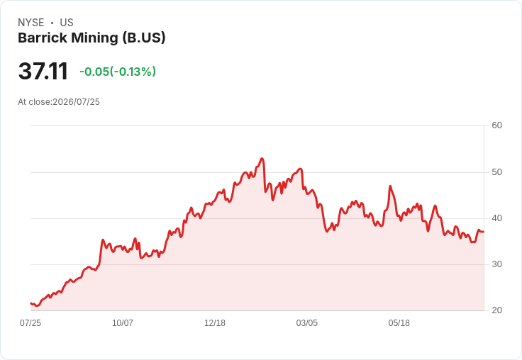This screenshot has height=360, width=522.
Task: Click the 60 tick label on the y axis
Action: [x=496, y=125]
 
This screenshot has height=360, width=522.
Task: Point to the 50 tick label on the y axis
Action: [x=496, y=172]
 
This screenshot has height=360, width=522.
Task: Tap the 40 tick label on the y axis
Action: [x=496, y=218]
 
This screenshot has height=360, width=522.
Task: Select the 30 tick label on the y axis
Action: [x=496, y=264]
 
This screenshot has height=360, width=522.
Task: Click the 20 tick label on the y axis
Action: [x=496, y=310]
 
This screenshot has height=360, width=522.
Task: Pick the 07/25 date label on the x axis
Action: [x=30, y=323]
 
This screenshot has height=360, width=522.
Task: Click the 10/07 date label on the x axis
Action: [x=123, y=323]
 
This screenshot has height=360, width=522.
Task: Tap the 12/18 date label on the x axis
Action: [x=215, y=323]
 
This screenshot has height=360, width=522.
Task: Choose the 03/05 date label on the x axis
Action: [x=307, y=323]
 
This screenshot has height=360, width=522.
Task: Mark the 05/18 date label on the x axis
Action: [x=399, y=323]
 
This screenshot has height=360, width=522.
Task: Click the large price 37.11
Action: [x=43, y=71]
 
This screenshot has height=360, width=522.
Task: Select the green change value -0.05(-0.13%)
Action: [x=118, y=72]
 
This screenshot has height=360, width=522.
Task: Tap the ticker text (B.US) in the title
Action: [x=144, y=38]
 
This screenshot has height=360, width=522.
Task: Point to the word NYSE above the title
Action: [x=31, y=23]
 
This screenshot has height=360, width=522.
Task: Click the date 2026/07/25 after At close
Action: [x=76, y=102]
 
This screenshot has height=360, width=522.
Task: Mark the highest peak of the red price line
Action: [x=262, y=158]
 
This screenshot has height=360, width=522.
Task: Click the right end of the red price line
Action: [x=484, y=232]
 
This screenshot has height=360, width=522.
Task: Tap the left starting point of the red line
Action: [x=30, y=303]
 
